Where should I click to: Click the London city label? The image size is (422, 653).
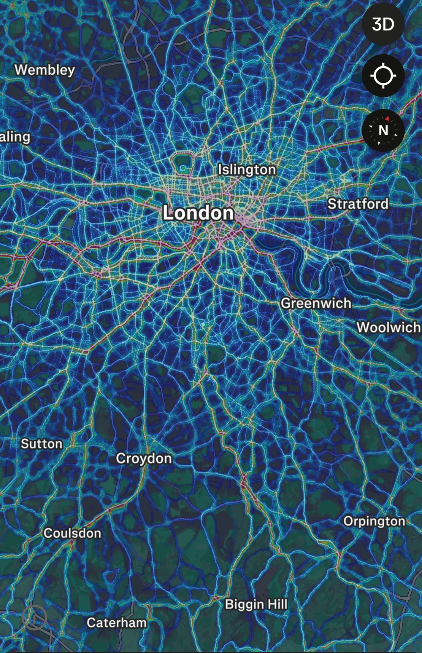pos(198,212)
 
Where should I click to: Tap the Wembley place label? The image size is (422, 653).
pos(45,70)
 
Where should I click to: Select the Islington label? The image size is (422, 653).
pos(247,169)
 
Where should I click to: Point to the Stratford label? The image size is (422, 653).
pos(358,204)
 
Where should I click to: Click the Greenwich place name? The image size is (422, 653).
pos(316,303)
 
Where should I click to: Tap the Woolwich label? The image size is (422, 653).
pos(388,327)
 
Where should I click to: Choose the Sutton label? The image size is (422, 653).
pos(41,444)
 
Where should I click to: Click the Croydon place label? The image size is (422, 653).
pos(144,458)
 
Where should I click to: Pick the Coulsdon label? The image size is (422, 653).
pos(72,533)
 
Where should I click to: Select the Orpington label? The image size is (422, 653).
pos(374,521)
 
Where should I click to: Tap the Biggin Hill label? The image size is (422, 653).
pos(256,604)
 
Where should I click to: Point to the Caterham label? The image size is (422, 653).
pos(116,623)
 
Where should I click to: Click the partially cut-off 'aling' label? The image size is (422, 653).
pos(15,137)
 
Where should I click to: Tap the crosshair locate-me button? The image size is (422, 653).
pos(383,75)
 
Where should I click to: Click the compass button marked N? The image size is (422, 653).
pos(383,130)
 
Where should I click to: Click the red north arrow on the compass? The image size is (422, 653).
pos(387,118)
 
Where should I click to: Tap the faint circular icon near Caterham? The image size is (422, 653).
pos(34,618)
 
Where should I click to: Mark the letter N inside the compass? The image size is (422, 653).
pos(383,131)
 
